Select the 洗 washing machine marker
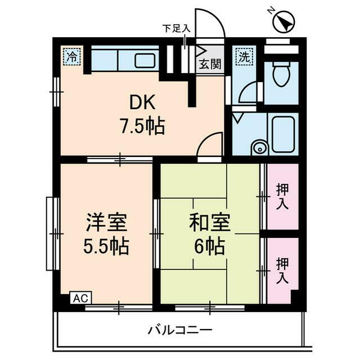click(x=244, y=56)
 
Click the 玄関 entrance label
click(x=209, y=64)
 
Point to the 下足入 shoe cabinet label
click(x=176, y=28)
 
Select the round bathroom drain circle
click(x=259, y=148)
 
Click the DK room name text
click(x=141, y=103)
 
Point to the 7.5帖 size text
click(x=141, y=125)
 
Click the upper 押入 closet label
click(x=282, y=196)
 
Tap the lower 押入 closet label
click(x=282, y=271)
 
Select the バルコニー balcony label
click(x=179, y=330)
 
